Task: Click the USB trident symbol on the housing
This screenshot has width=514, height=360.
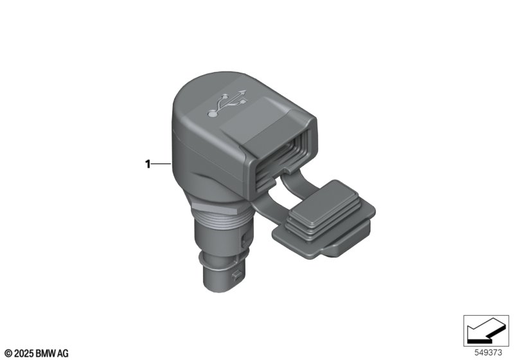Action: click(229, 104)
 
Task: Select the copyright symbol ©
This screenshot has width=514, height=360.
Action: click(8, 353)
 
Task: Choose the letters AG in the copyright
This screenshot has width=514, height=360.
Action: click(63, 353)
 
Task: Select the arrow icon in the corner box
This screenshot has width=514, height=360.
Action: click(486, 330)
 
